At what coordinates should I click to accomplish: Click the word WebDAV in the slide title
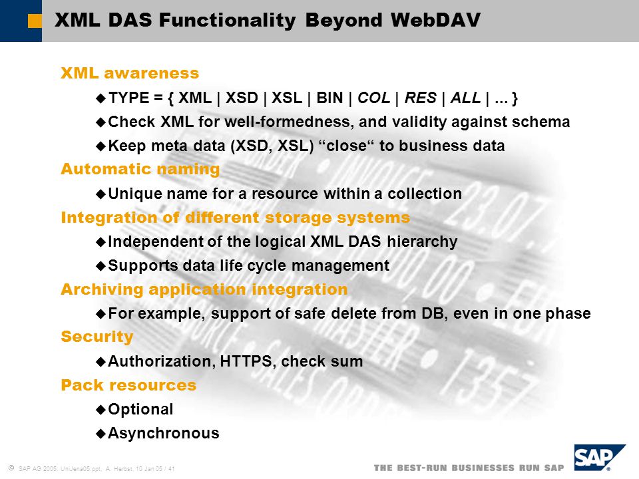435,20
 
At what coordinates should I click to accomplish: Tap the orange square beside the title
35,21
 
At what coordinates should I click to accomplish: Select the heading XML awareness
130,73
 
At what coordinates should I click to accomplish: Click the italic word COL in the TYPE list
373,98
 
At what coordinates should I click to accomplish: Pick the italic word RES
420,98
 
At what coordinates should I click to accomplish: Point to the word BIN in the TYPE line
329,98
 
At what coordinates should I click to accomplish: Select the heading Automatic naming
140,169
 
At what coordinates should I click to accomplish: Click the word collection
425,194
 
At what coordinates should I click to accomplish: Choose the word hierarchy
422,241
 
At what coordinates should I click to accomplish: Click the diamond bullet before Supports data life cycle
101,266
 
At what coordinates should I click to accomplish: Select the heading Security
97,337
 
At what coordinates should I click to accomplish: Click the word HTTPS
246,361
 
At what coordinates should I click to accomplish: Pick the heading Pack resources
128,385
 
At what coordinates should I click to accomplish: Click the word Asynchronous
164,433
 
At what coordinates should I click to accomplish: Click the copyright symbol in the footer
11,468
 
